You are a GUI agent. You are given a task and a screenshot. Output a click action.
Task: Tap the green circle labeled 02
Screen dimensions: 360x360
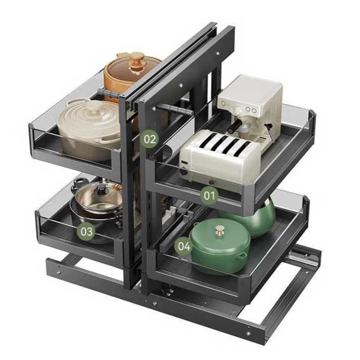point(150,139)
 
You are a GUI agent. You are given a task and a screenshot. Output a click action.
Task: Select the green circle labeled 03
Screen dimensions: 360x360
point(86,231)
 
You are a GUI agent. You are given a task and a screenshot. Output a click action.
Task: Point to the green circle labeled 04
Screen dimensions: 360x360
point(184,246)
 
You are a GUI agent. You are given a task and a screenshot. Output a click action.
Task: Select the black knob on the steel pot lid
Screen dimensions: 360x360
point(101,190)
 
